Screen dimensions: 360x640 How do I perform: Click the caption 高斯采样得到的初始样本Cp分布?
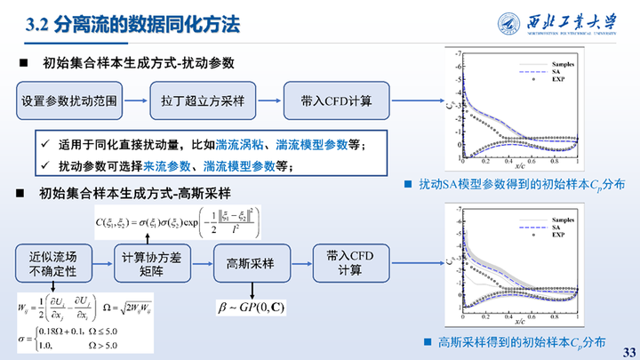[x=519, y=341]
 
